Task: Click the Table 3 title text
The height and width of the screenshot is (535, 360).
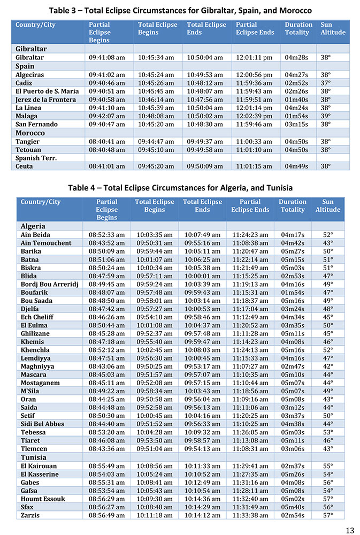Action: point(180,10)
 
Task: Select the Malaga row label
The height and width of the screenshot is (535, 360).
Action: point(27,116)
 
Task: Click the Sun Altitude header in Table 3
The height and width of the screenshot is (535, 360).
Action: point(333,28)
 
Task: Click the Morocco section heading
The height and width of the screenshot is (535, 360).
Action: point(30,133)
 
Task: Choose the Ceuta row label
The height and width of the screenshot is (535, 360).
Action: point(24,166)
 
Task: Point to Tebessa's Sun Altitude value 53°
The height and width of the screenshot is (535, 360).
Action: point(327,432)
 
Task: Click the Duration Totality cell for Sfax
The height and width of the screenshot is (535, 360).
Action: point(292,507)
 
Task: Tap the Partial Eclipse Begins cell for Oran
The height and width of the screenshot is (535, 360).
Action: point(106,399)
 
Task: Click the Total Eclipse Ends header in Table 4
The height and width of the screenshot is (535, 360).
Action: point(202,206)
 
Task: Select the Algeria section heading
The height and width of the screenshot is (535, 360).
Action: point(33,226)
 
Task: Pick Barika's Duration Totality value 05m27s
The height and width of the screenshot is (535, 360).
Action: point(292,251)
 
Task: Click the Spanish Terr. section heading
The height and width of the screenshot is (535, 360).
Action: point(36,158)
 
